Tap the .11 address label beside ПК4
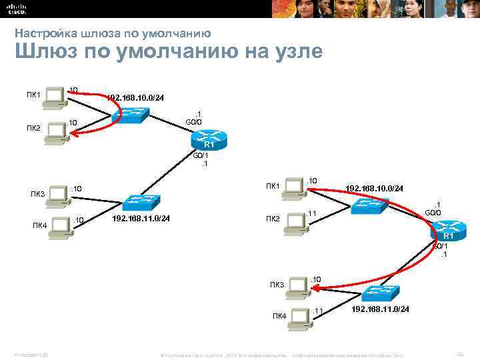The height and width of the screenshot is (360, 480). tap(318, 311)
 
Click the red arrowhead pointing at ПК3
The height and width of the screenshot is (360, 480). tap(313, 289)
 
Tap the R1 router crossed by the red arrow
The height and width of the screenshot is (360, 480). tap(448, 233)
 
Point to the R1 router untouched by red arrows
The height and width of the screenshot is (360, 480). tap(209, 141)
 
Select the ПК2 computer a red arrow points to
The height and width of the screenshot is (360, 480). tap(55, 130)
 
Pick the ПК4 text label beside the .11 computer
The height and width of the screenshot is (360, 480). tap(279, 315)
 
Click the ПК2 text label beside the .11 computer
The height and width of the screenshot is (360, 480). tap(273, 218)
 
